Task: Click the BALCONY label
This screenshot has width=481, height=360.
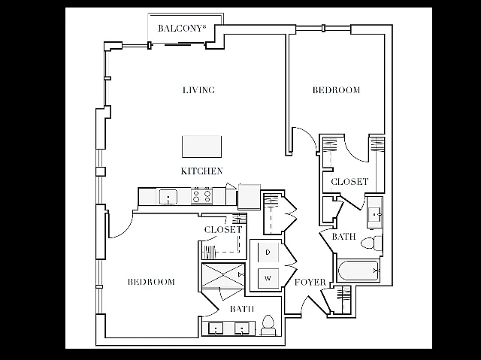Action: click(x=182, y=29)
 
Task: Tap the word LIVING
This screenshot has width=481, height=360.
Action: click(x=198, y=90)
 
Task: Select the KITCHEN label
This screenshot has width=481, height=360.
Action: click(x=201, y=171)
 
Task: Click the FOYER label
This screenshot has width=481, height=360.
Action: click(x=310, y=282)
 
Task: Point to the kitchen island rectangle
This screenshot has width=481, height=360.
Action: click(x=201, y=147)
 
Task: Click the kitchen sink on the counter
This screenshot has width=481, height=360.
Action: click(x=168, y=197)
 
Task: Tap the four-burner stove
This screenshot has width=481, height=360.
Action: click(x=202, y=196)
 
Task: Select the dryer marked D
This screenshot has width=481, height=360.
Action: click(x=268, y=253)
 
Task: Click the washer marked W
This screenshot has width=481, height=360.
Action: click(x=268, y=278)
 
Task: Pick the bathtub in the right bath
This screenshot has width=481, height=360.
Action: click(x=358, y=271)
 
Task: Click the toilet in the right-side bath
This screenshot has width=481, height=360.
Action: click(x=372, y=244)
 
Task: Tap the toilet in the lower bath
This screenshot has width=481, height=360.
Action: click(x=268, y=325)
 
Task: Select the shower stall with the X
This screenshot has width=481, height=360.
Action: click(x=223, y=275)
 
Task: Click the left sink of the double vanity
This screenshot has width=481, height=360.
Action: click(x=216, y=328)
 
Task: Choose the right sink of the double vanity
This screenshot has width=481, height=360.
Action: click(x=242, y=328)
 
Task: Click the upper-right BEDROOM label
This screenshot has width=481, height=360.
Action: click(x=336, y=90)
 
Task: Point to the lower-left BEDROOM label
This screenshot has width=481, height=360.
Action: click(x=151, y=282)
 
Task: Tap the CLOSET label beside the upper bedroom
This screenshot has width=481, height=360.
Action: click(x=349, y=182)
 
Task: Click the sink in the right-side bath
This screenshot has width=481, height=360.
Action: click(x=375, y=213)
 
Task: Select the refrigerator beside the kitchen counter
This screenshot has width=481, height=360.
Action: click(x=250, y=196)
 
